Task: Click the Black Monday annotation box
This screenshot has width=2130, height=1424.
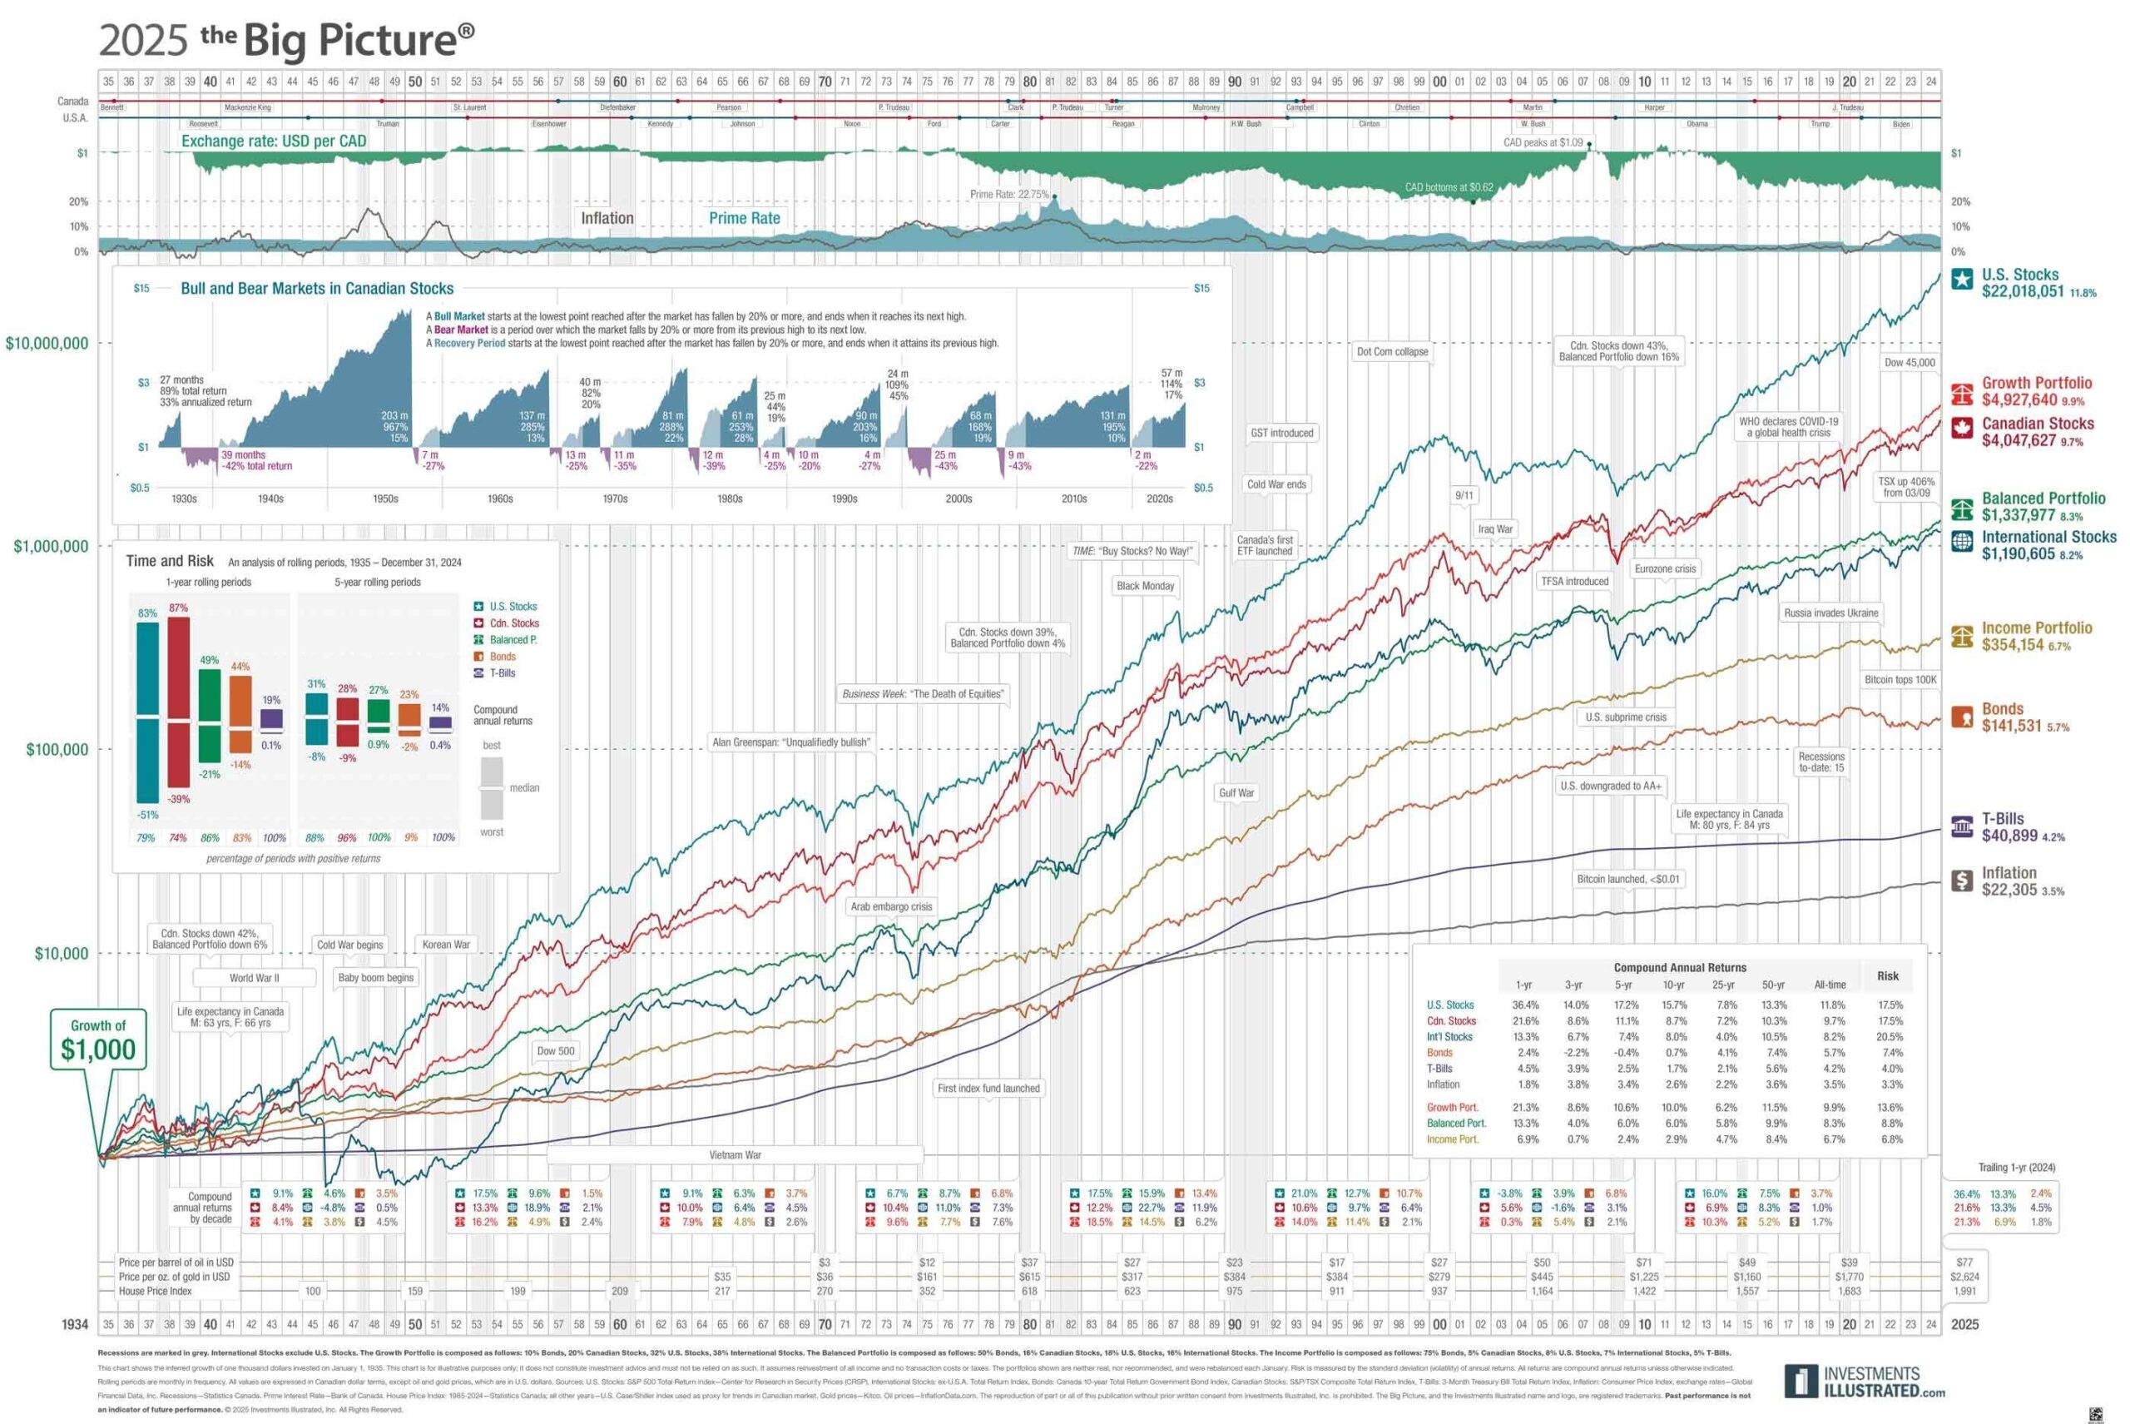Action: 1145,586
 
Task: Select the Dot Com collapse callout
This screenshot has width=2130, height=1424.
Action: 1391,351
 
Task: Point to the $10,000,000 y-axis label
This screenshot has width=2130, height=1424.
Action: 47,343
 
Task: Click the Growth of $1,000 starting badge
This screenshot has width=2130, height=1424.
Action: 98,1039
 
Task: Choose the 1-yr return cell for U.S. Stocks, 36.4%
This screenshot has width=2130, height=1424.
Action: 1525,1005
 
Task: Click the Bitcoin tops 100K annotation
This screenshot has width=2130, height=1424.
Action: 1900,679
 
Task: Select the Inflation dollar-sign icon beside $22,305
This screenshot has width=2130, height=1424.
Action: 1962,880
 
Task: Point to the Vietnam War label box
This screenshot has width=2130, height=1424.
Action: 735,1155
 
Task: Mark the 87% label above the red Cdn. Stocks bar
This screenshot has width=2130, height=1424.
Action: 178,608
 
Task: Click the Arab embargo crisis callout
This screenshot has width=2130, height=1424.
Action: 890,906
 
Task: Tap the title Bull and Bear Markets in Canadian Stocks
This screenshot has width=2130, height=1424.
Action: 317,288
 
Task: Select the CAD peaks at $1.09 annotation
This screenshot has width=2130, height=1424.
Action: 1542,142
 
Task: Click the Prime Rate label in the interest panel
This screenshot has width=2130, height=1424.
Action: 744,218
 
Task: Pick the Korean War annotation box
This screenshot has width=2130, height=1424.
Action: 446,945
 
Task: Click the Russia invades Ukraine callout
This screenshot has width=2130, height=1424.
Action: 1830,613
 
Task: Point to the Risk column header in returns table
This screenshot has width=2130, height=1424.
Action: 1888,975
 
